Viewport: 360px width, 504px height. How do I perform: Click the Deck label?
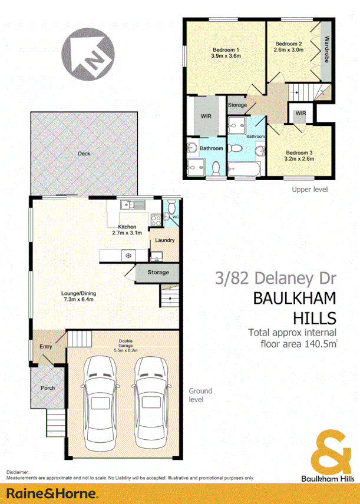pos(84,154)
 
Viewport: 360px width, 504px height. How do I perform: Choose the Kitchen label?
pos(127,227)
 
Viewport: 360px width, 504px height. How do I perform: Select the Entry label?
pos(46,346)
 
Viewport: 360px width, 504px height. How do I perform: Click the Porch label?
pos(47,388)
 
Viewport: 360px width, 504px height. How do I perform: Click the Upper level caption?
pos(310,189)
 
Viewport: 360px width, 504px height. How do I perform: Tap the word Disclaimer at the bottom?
pos(18,473)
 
